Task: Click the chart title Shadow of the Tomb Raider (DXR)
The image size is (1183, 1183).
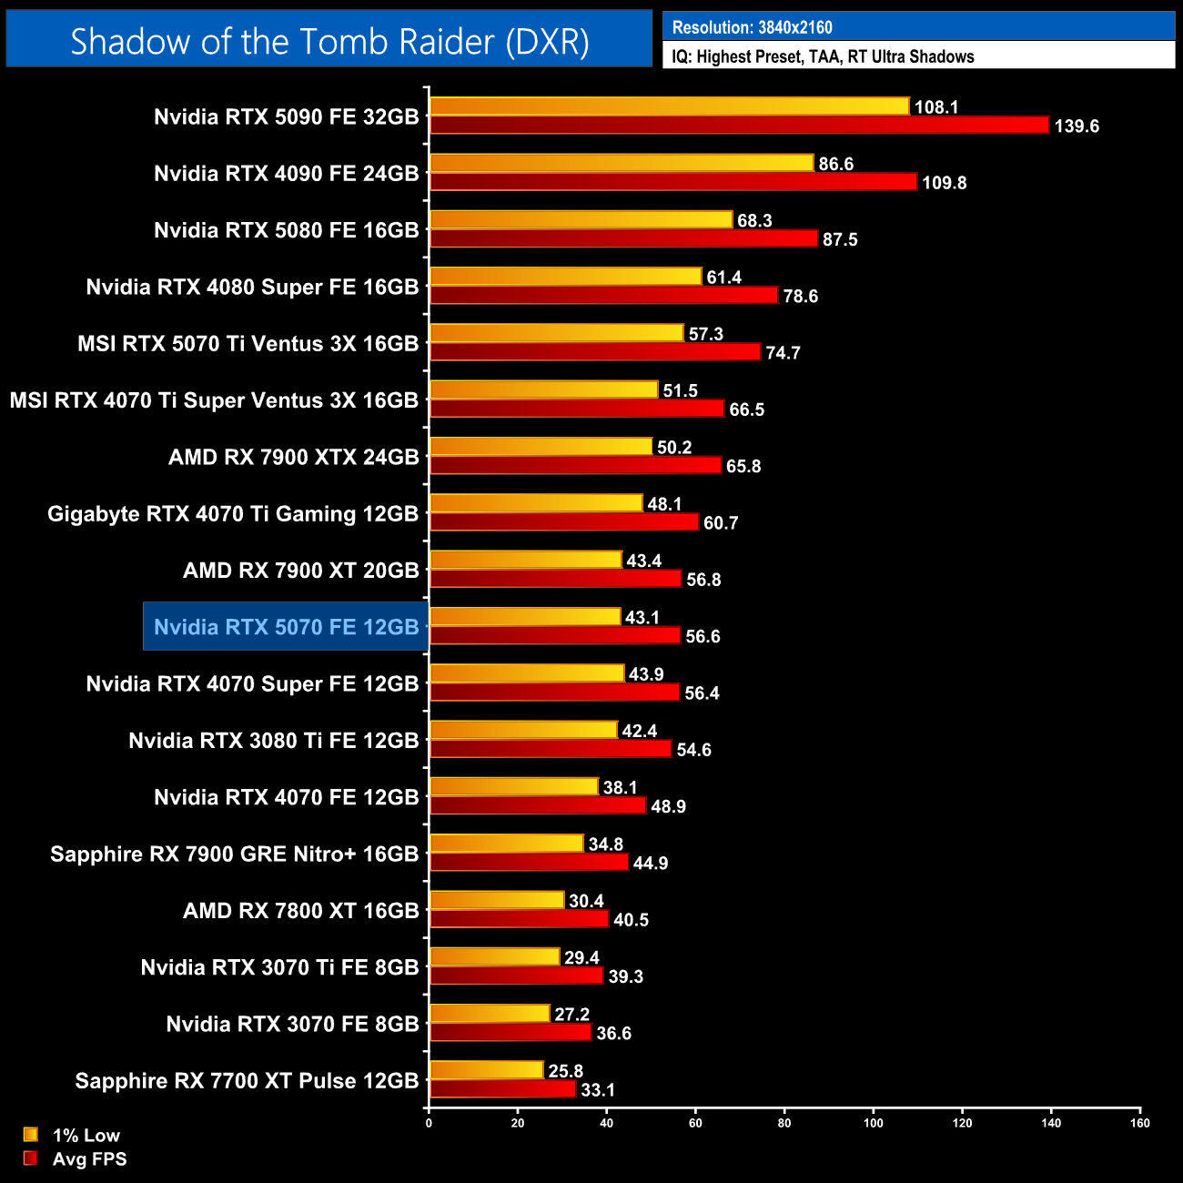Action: (x=329, y=41)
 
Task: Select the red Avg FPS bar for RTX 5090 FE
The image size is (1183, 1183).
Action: (x=739, y=125)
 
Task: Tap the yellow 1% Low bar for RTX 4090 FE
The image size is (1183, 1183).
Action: (x=622, y=163)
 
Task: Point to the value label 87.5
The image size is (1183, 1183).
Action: (x=839, y=239)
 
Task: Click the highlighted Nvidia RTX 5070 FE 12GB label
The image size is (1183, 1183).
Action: (x=286, y=627)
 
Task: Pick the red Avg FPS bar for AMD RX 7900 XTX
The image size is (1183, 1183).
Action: (x=575, y=465)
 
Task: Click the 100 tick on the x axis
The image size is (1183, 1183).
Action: (x=873, y=1122)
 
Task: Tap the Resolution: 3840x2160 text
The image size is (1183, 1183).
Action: (x=752, y=27)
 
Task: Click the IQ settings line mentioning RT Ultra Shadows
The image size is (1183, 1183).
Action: (x=823, y=56)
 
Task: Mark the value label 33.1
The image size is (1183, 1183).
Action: (x=597, y=1089)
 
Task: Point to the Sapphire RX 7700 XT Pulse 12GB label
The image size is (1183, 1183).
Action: (x=247, y=1080)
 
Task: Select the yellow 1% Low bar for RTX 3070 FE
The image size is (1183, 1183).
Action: (x=490, y=1014)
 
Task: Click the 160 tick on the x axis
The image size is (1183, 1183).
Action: (x=1139, y=1122)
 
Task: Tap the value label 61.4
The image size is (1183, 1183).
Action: (x=723, y=278)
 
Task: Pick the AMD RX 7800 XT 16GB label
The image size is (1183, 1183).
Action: (x=300, y=910)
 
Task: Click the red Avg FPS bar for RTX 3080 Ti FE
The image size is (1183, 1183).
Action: (x=551, y=749)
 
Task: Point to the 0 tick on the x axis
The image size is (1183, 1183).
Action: (x=429, y=1122)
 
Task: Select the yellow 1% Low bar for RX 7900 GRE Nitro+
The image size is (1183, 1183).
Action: (x=506, y=844)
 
